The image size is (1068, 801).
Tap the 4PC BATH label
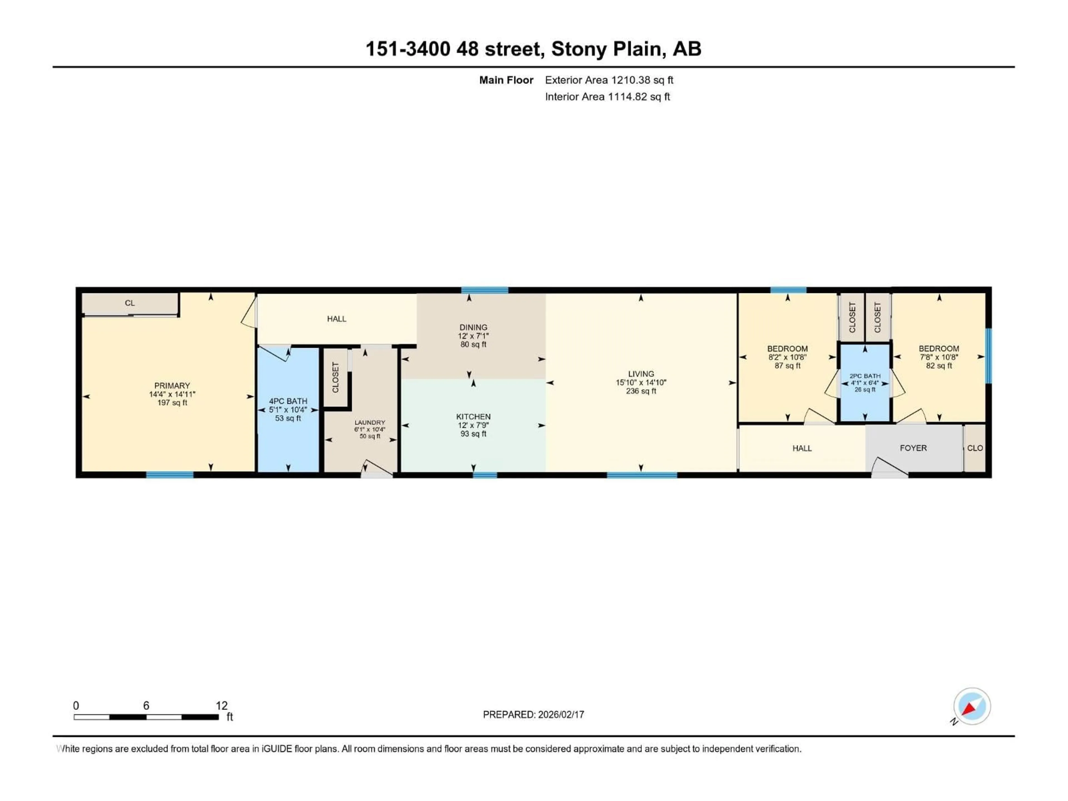click(x=288, y=401)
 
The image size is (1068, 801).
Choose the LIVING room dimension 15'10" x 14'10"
click(x=641, y=382)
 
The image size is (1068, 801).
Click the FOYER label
click(x=913, y=448)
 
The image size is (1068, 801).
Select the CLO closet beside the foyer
click(x=975, y=448)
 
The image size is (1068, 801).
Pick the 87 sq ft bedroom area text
click(x=787, y=365)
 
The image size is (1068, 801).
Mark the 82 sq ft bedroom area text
click(x=939, y=365)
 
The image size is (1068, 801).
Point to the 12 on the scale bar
click(x=221, y=705)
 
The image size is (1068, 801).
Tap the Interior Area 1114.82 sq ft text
click(x=607, y=97)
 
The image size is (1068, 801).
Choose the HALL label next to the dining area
click(x=337, y=319)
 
